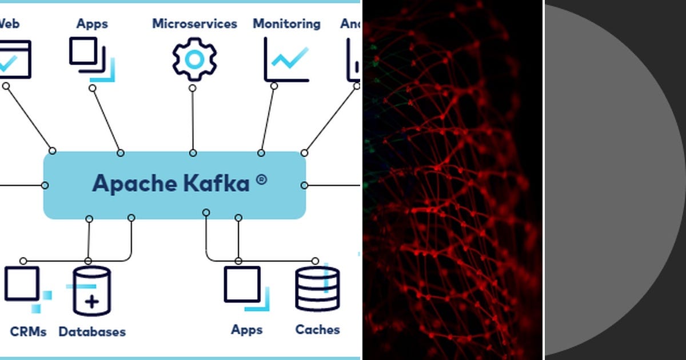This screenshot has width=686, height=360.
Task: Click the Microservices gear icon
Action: [194, 59]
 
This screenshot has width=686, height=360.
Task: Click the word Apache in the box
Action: [135, 183]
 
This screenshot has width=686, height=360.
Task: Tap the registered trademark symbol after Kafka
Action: [261, 179]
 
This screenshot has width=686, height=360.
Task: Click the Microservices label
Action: [194, 24]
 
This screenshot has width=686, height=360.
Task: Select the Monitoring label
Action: [286, 24]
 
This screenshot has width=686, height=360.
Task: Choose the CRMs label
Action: [28, 331]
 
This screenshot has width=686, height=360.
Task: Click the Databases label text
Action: [92, 331]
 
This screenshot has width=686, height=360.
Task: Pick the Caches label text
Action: [317, 330]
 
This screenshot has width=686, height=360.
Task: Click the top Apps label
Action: [93, 23]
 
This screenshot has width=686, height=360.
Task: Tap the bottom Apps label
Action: [247, 330]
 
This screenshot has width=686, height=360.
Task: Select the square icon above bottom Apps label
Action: [243, 285]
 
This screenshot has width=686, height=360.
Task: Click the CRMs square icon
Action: [22, 284]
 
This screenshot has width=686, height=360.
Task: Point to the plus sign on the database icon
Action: [91, 302]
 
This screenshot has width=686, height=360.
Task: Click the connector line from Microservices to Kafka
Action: [193, 120]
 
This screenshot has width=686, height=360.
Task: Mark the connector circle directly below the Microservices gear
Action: [193, 89]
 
